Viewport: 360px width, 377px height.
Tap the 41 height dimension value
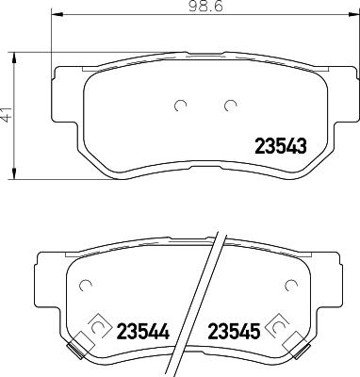coord(8,119)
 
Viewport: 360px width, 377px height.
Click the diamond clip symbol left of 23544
coord(95,326)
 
